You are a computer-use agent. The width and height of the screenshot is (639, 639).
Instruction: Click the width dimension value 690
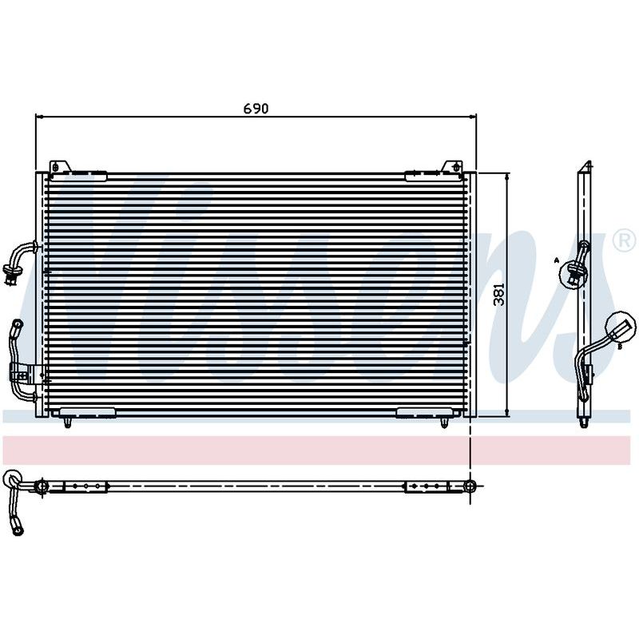256,109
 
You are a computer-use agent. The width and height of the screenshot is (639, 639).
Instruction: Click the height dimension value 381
498,294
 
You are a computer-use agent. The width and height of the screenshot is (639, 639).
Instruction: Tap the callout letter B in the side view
620,347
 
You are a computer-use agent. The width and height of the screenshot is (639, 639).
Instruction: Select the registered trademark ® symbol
625,242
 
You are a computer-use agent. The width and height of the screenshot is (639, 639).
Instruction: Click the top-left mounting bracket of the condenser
59,167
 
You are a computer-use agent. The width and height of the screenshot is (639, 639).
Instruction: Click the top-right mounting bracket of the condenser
452,167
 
